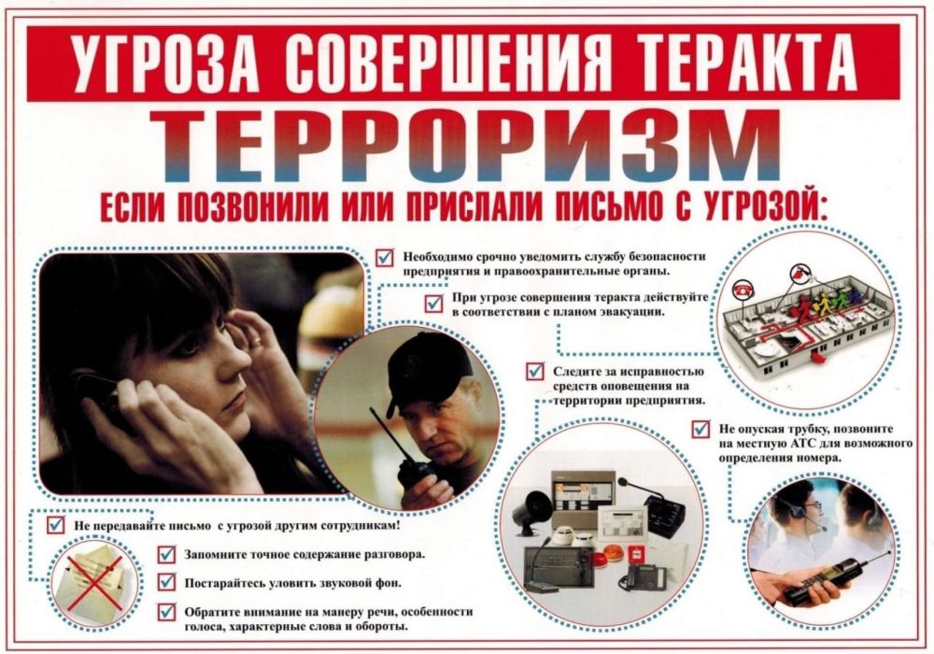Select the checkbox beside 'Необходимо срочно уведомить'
pos(385,257)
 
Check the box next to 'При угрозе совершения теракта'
pos(433,303)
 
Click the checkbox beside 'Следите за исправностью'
pos(535,372)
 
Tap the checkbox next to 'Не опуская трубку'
pos(700,429)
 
